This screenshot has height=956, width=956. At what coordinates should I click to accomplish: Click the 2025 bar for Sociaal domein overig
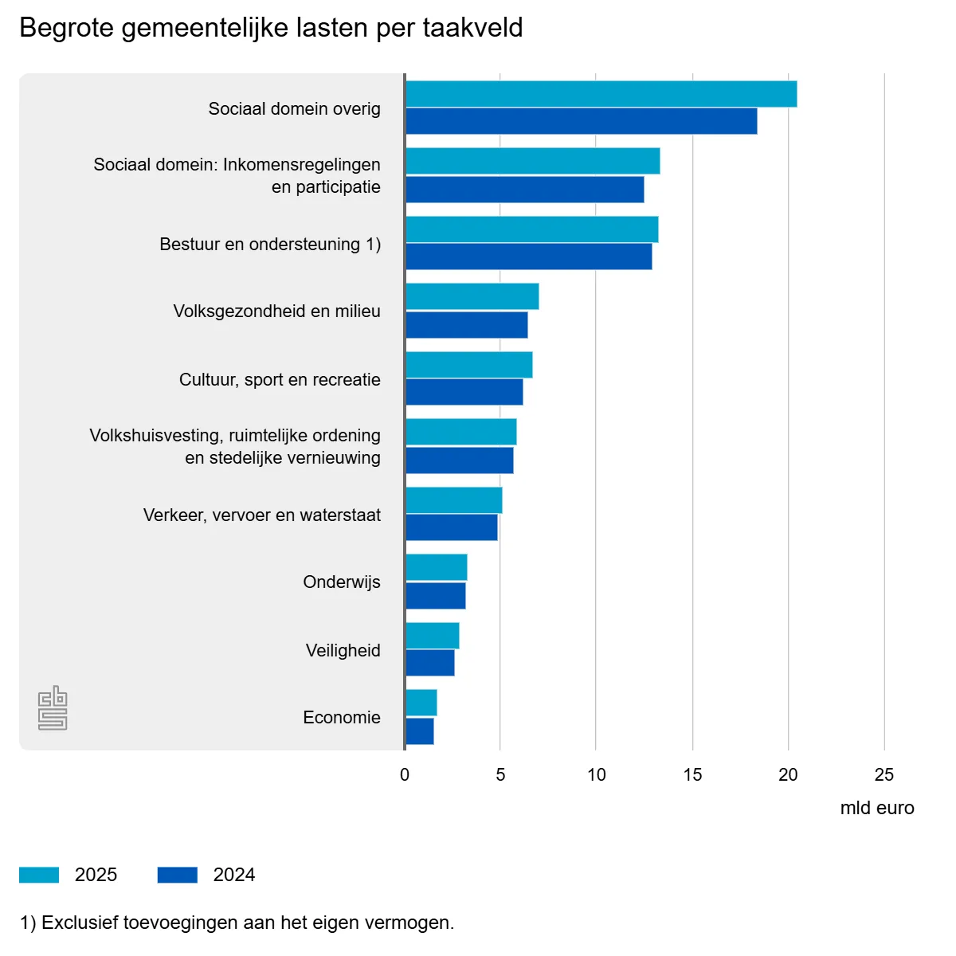coord(601,94)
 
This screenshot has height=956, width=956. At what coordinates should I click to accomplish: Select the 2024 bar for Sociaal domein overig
coord(581,121)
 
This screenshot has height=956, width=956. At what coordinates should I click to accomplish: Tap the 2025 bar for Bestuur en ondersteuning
coord(531,229)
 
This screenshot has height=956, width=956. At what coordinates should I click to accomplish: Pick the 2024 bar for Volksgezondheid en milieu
coord(466,325)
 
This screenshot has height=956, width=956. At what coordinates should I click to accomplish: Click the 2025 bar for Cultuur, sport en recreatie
coord(468,365)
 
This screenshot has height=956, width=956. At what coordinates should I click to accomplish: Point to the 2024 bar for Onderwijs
coord(435,596)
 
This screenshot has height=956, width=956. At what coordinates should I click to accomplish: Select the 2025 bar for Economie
coord(421,703)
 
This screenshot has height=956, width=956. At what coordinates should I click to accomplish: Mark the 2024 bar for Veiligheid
coord(429,663)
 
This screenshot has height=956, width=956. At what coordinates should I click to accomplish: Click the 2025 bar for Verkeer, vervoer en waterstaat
coord(453,500)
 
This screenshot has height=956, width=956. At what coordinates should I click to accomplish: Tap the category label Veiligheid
coord(343,650)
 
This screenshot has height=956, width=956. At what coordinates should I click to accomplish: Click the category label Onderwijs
coord(341,582)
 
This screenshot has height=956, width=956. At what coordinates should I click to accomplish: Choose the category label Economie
coord(341,717)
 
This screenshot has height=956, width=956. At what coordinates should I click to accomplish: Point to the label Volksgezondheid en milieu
coord(276,311)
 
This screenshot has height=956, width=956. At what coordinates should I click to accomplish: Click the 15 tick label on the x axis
coord(692,774)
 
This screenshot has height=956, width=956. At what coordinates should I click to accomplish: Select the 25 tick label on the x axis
coord(884,774)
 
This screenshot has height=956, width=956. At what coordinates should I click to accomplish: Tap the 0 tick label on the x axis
coord(405,774)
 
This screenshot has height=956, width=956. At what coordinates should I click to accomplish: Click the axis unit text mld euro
coord(876,808)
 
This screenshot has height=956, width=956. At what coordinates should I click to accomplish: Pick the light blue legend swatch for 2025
coord(39,875)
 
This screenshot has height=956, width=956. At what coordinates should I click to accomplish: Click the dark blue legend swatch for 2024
coord(177,875)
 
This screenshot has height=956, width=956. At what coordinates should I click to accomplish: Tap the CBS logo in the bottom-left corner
coord(53,707)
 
